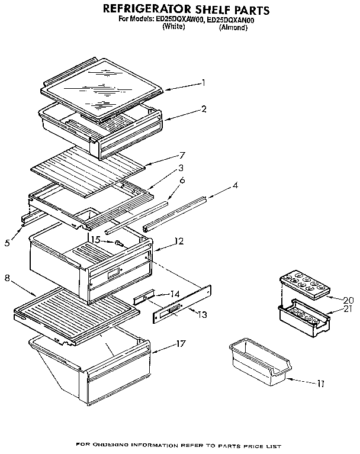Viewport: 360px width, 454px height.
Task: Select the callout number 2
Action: [203, 109]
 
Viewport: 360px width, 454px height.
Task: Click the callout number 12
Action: [179, 241]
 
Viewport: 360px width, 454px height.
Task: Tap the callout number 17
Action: [181, 342]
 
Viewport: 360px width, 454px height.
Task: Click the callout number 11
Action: [320, 384]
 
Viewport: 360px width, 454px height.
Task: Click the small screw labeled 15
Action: [120, 242]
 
